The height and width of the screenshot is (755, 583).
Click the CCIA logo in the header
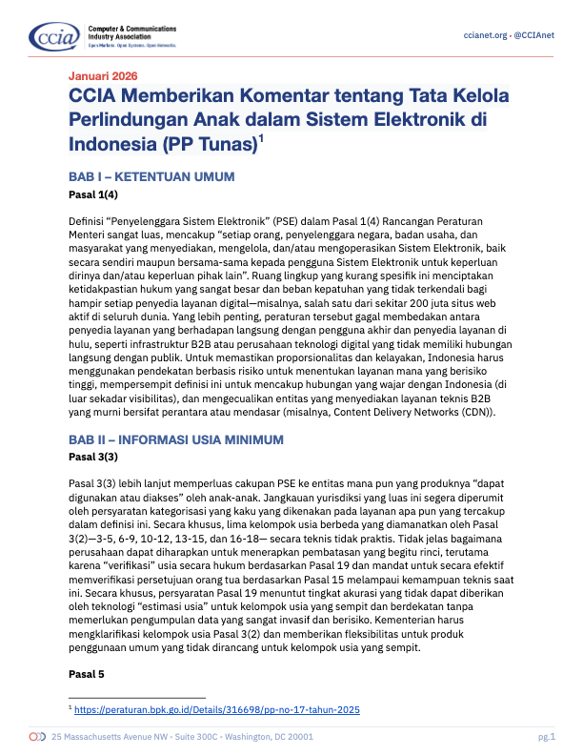coord(47,37)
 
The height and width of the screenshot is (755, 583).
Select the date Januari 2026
coord(103,75)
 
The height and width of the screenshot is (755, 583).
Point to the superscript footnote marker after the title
coord(262,139)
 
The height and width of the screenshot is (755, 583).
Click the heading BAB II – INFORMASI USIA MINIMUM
coord(176,439)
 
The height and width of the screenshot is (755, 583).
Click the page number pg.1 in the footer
coord(546,738)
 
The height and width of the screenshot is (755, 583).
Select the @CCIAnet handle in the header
coord(540,35)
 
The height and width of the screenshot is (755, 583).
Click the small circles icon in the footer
coord(37,738)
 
